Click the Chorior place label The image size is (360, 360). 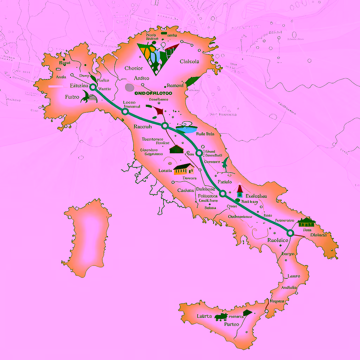coord(134,68)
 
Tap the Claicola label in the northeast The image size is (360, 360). coord(189,62)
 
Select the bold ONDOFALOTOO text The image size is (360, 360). coord(153,93)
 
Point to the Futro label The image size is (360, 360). coord(72,97)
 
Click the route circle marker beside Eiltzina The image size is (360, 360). coord(93,87)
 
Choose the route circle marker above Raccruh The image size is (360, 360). coord(125,112)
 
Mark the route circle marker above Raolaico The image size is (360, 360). coord(290,233)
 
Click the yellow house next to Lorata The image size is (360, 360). coord(184,169)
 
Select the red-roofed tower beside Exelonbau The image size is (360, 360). coord(240,191)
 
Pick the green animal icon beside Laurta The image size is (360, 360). coord(221,317)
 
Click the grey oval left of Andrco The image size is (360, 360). coord(129,87)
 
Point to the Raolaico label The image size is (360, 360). coord(278,240)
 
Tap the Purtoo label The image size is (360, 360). coord(231,324)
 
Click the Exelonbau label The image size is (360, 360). coord(256,196)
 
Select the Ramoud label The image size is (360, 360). coord(175,85)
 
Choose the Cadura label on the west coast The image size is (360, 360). coord(186,190)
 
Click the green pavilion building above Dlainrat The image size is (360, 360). coord(306,222)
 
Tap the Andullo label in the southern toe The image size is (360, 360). coord(289,287)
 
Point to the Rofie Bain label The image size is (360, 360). coord(205,134)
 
